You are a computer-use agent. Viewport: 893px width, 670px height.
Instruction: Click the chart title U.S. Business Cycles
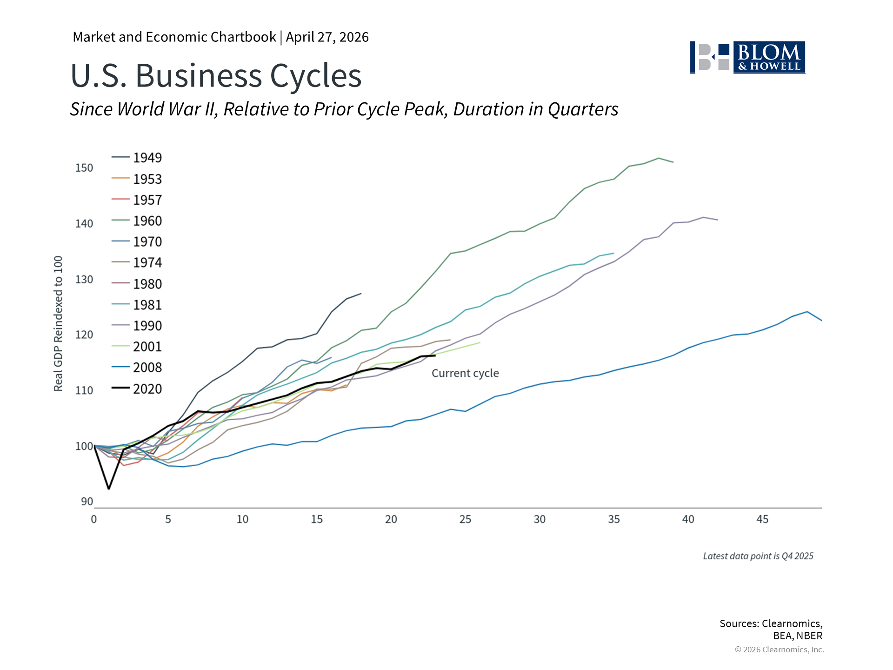pyautogui.click(x=216, y=75)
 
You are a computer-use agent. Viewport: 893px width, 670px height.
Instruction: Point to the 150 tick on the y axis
pyautogui.click(x=84, y=168)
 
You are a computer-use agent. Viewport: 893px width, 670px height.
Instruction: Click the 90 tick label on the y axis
pyautogui.click(x=87, y=502)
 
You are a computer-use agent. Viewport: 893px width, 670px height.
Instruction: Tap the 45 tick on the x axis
pyautogui.click(x=762, y=519)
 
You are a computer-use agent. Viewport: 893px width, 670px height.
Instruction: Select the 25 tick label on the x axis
pyautogui.click(x=465, y=519)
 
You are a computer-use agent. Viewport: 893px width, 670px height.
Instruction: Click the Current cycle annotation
pyautogui.click(x=465, y=373)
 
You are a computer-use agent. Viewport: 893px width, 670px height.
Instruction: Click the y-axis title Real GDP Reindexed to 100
pyautogui.click(x=58, y=324)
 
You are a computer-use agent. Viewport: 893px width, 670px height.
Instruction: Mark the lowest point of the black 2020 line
pyautogui.click(x=109, y=489)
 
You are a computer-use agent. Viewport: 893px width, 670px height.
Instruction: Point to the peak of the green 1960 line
pyautogui.click(x=659, y=158)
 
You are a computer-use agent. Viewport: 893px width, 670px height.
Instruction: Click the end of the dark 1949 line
pyautogui.click(x=361, y=294)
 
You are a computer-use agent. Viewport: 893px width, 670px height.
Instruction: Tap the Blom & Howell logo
pyautogui.click(x=747, y=57)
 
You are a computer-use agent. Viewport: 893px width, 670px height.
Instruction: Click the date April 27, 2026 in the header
pyautogui.click(x=327, y=37)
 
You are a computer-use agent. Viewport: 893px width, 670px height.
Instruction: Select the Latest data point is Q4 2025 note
pyautogui.click(x=758, y=556)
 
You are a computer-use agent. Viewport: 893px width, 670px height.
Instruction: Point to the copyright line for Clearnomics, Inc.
pyautogui.click(x=779, y=650)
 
